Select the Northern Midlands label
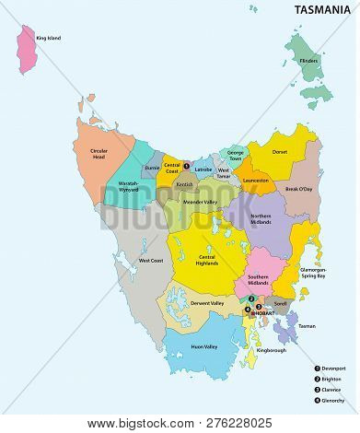click(x=266, y=218)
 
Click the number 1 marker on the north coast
click(x=186, y=166)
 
